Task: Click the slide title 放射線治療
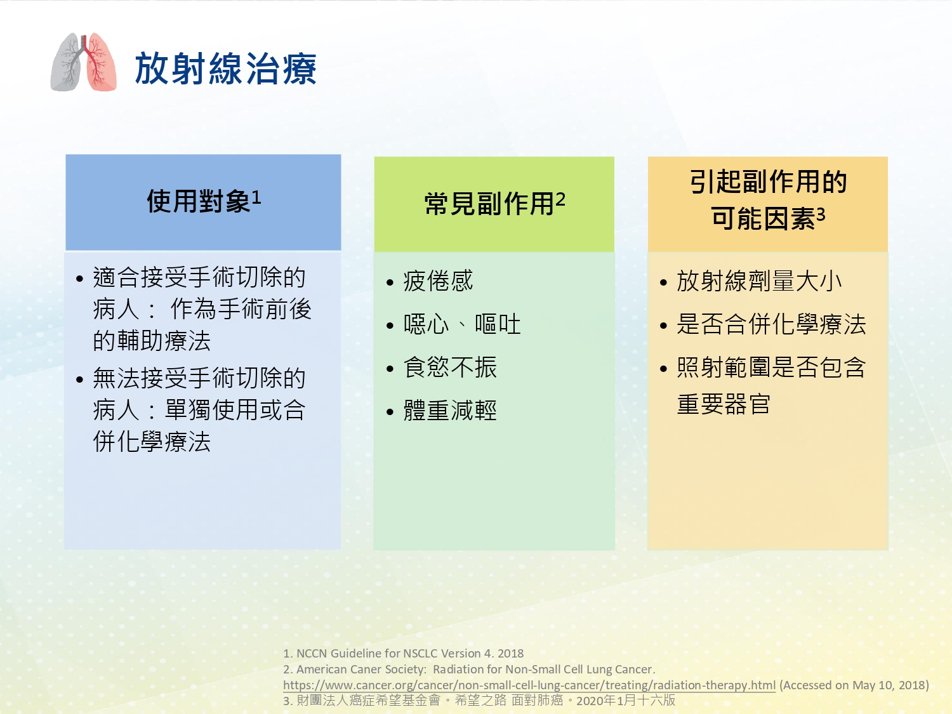225,69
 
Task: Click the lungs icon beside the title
84,62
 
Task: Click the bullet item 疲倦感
438,281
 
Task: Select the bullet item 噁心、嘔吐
462,324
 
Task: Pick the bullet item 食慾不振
450,367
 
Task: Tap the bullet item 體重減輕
450,410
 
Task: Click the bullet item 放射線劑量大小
760,281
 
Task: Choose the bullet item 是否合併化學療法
771,324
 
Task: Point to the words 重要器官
724,404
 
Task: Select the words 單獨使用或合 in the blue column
235,409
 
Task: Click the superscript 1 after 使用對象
256,197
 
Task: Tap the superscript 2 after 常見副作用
560,200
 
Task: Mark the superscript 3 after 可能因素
820,214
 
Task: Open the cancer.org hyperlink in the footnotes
529,685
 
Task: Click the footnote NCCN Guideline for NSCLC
404,653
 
